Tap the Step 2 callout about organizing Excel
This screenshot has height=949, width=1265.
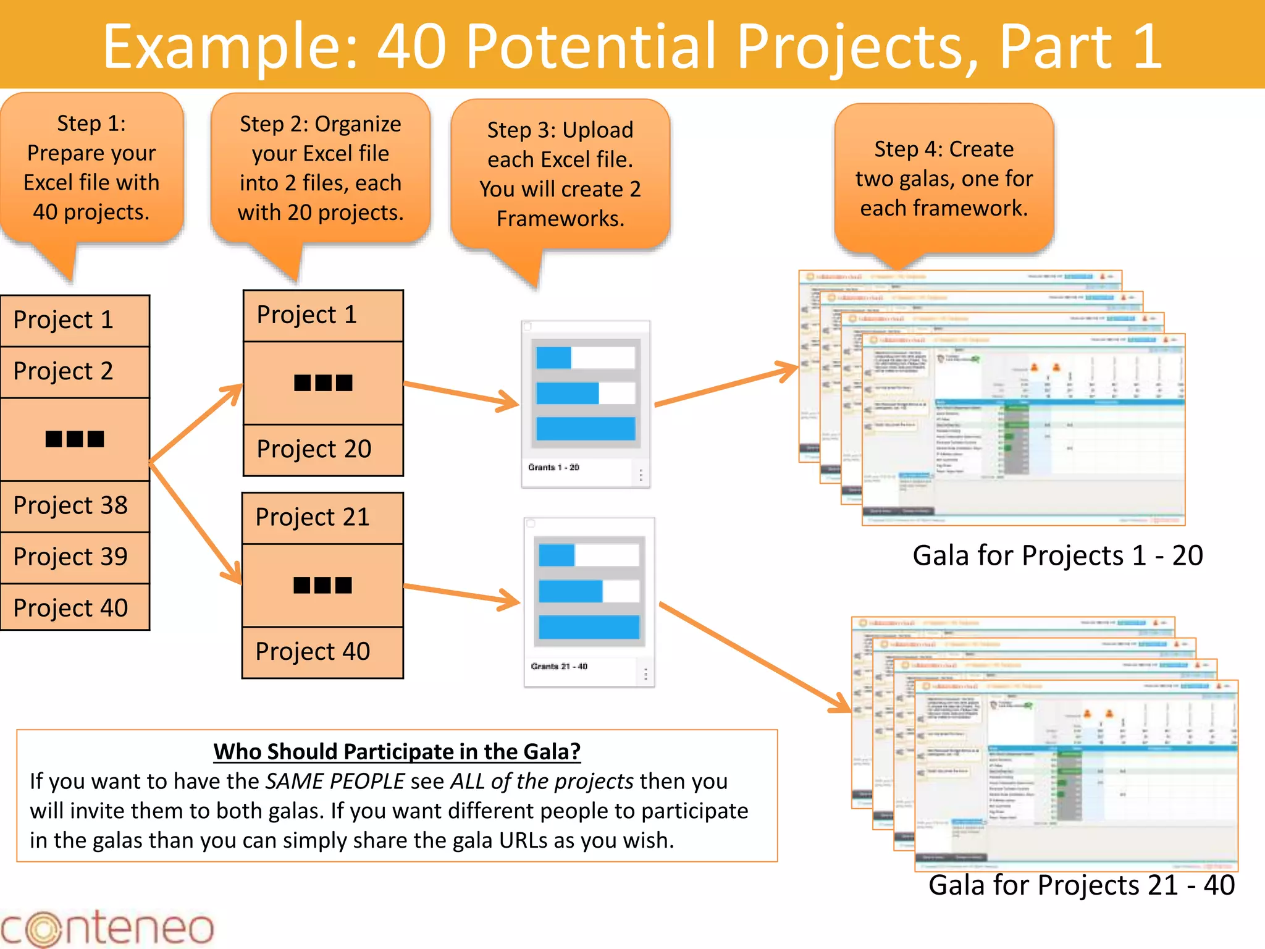(x=320, y=168)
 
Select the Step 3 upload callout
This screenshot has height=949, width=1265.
(x=560, y=174)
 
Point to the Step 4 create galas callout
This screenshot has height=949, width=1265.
(x=944, y=179)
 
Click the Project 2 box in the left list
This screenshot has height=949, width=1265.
(x=75, y=371)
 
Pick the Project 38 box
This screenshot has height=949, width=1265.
(x=75, y=505)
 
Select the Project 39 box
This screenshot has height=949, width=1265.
(x=75, y=557)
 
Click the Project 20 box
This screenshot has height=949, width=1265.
(x=323, y=449)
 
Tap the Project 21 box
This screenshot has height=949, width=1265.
(x=322, y=517)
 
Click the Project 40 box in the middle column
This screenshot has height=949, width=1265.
(x=322, y=652)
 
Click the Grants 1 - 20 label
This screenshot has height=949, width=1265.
(x=553, y=468)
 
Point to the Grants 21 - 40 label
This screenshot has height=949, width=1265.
(x=559, y=667)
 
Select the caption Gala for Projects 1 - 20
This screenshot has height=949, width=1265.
(x=1057, y=555)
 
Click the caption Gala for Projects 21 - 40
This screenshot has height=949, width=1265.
(x=1081, y=885)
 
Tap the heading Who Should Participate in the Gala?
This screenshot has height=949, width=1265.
(x=397, y=752)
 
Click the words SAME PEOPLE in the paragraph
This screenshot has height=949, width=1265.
(x=335, y=782)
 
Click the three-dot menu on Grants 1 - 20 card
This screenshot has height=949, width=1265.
(x=641, y=474)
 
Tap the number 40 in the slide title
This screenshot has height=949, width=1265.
(x=411, y=46)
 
